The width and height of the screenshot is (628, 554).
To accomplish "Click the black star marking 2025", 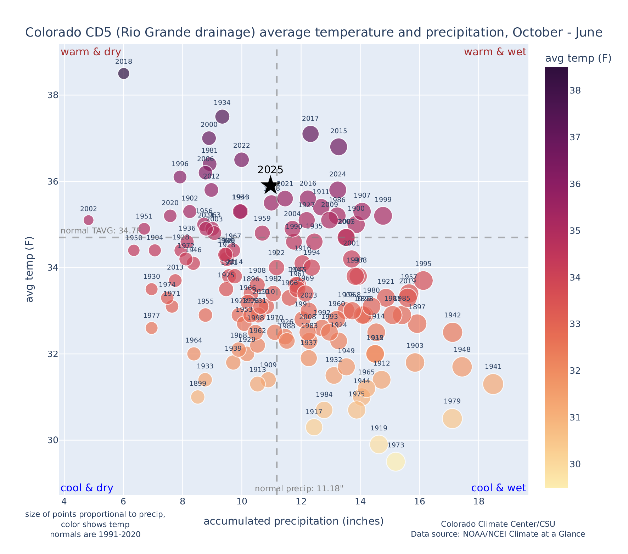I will click(x=270, y=185).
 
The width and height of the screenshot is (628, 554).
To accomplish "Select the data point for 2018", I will click(x=124, y=74).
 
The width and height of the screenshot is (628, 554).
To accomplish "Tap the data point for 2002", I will click(x=89, y=220).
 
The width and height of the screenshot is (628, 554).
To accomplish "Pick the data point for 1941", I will click(x=493, y=384).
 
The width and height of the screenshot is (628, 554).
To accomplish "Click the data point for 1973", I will click(x=396, y=462).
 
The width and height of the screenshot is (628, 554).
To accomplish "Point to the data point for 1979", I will click(x=452, y=419).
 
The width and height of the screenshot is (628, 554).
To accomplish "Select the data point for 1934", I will click(x=222, y=117).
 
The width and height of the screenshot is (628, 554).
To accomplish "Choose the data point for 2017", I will click(x=310, y=134).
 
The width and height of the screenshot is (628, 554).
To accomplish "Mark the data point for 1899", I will click(x=198, y=397).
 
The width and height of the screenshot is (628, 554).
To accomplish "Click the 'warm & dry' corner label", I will click(x=91, y=52).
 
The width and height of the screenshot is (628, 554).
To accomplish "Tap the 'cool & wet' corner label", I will click(x=498, y=488).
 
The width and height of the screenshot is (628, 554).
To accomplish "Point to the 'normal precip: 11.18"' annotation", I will click(x=299, y=489).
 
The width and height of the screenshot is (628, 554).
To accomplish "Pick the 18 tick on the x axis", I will click(x=479, y=502).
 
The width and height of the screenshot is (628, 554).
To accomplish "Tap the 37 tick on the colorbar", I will click(x=575, y=137).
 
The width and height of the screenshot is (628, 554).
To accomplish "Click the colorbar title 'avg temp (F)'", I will click(x=578, y=58).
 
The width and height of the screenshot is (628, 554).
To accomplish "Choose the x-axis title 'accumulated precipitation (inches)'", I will click(x=293, y=521).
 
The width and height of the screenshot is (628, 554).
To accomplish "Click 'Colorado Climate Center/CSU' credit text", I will click(x=498, y=524).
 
